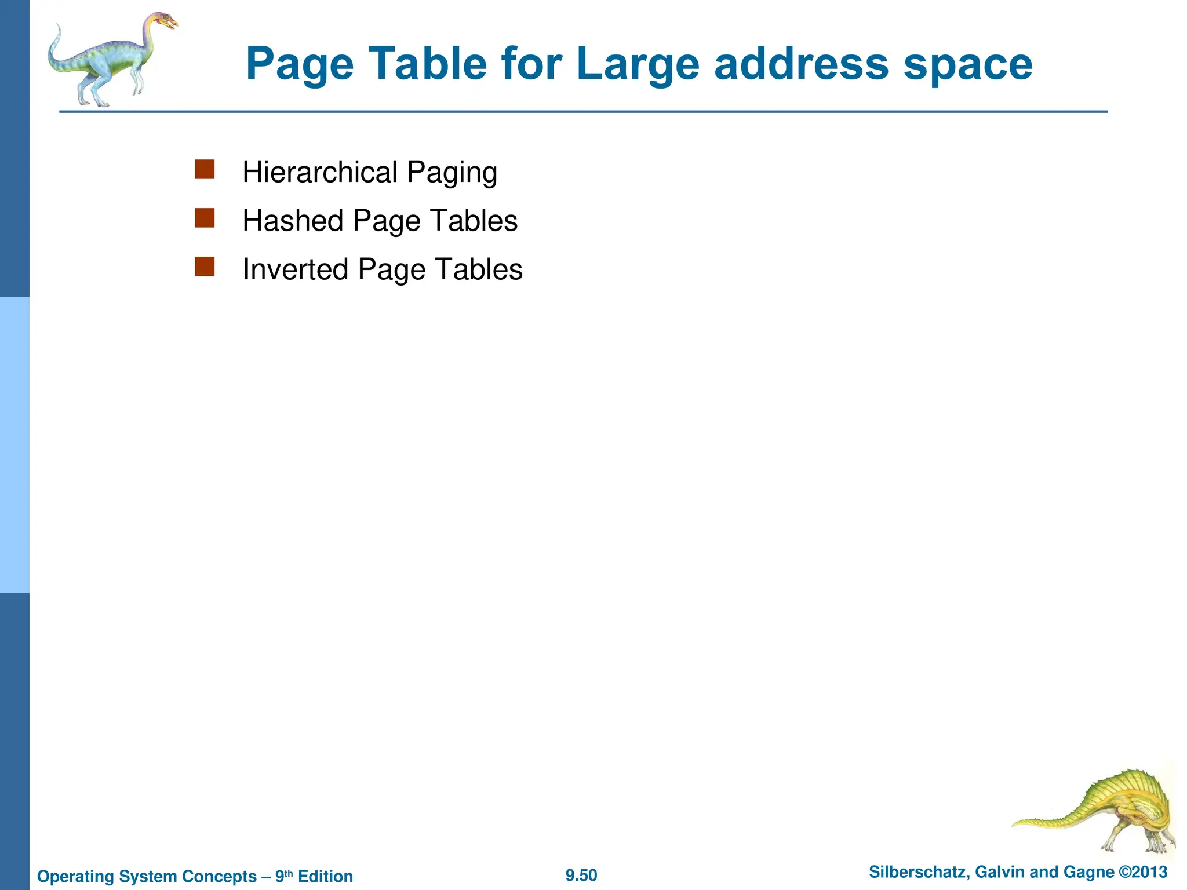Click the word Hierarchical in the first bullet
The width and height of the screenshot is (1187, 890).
(x=320, y=172)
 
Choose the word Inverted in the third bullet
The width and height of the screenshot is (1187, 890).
(x=295, y=269)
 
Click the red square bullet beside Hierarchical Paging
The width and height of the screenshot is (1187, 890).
(x=205, y=170)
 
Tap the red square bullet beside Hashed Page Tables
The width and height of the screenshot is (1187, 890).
(x=205, y=218)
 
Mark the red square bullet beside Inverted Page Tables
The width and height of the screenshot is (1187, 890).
(x=205, y=267)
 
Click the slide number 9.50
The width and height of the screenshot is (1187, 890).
(x=581, y=876)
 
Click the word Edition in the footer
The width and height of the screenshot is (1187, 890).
(x=325, y=876)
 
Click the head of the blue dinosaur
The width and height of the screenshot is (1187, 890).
(x=163, y=22)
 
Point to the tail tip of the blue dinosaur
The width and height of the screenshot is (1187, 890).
(x=57, y=27)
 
